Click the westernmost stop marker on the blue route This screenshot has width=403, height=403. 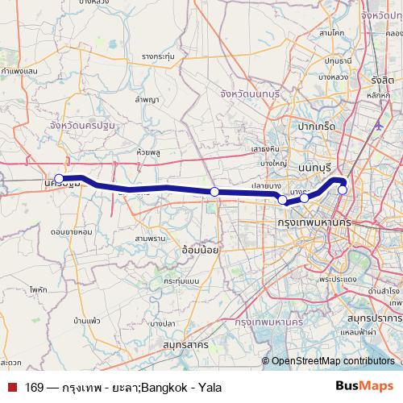click(59, 179)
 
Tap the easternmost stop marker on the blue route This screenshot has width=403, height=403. click(343, 190)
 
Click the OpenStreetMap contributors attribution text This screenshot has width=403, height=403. click(334, 362)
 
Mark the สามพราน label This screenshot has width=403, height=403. click(149, 239)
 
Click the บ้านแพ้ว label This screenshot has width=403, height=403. click(85, 321)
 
